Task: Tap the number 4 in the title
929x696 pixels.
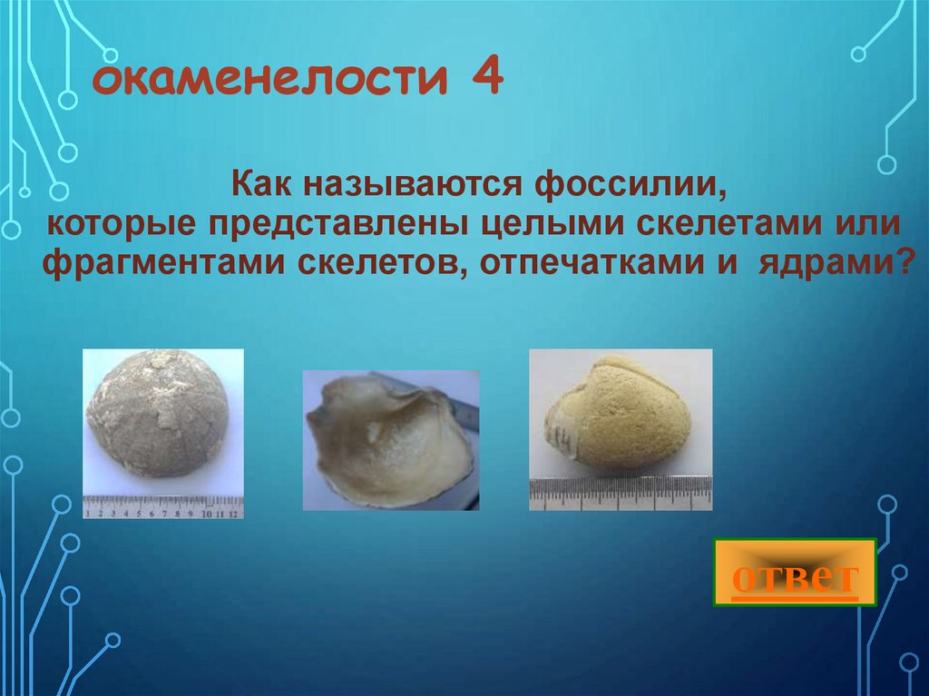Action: pos(486,79)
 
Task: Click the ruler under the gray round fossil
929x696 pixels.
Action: pos(163,505)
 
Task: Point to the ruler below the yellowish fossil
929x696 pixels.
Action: pos(621,494)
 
